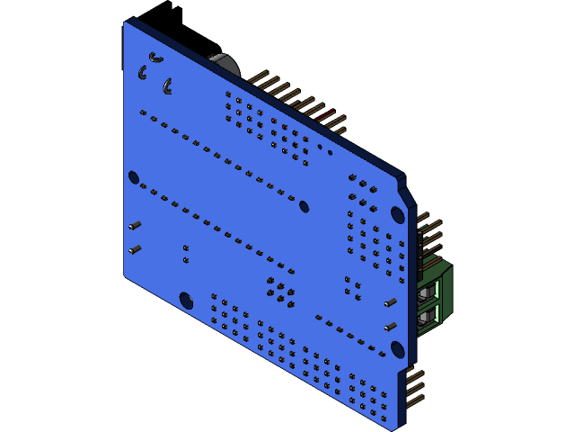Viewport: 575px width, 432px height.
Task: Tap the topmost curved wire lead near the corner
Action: pos(155,58)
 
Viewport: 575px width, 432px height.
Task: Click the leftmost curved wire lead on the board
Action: pos(143,72)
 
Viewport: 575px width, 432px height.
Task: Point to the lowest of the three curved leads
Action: pos(167,86)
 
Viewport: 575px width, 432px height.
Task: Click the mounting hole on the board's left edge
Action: pos(134,177)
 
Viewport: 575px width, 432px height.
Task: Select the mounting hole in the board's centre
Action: pos(304,206)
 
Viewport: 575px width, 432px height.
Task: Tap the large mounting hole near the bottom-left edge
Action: pos(186,300)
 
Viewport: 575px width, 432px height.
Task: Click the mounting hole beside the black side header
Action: pos(397,214)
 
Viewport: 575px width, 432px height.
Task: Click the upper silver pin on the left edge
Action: pos(135,225)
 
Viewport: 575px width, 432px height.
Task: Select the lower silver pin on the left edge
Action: pos(135,249)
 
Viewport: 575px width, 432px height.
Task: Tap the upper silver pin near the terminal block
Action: pos(390,303)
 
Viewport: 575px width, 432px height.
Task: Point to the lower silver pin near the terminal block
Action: pos(390,327)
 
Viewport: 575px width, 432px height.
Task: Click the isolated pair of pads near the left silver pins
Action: pos(186,254)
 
